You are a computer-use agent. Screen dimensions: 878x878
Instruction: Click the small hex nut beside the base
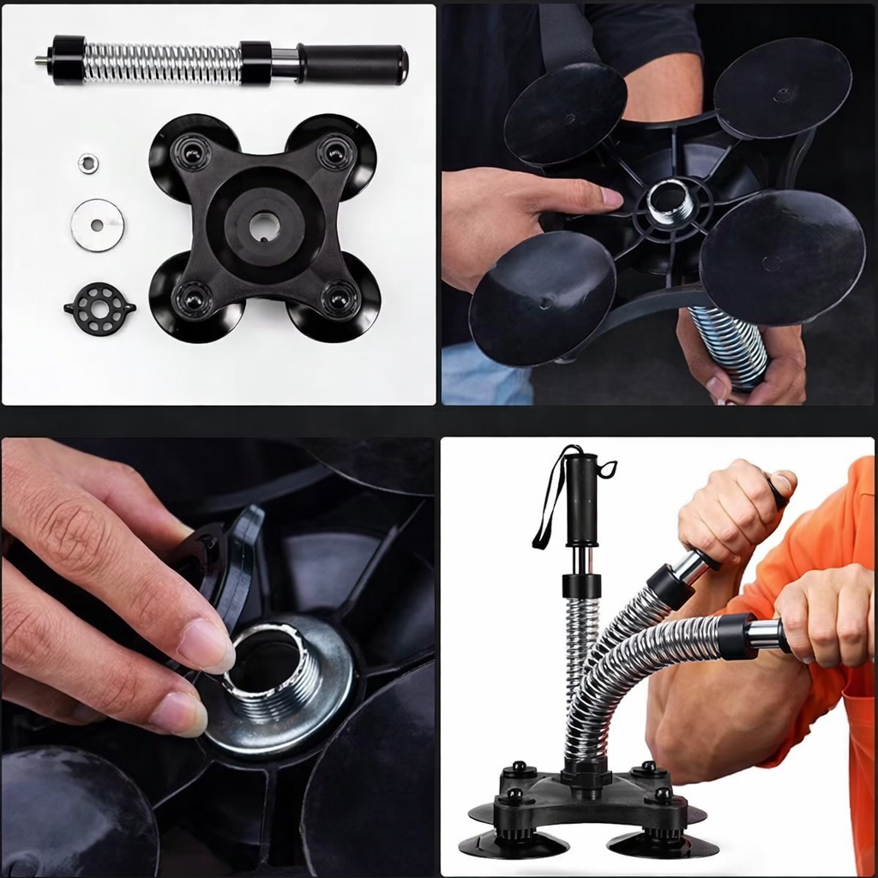pyautogui.click(x=87, y=163)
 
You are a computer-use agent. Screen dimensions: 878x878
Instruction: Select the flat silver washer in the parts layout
pyautogui.click(x=97, y=225)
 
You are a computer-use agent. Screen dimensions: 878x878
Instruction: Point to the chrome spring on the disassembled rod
pyautogui.click(x=163, y=62)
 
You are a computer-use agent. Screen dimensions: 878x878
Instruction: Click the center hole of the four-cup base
pyautogui.click(x=265, y=226)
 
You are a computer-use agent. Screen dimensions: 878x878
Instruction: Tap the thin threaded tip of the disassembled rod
pyautogui.click(x=40, y=61)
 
